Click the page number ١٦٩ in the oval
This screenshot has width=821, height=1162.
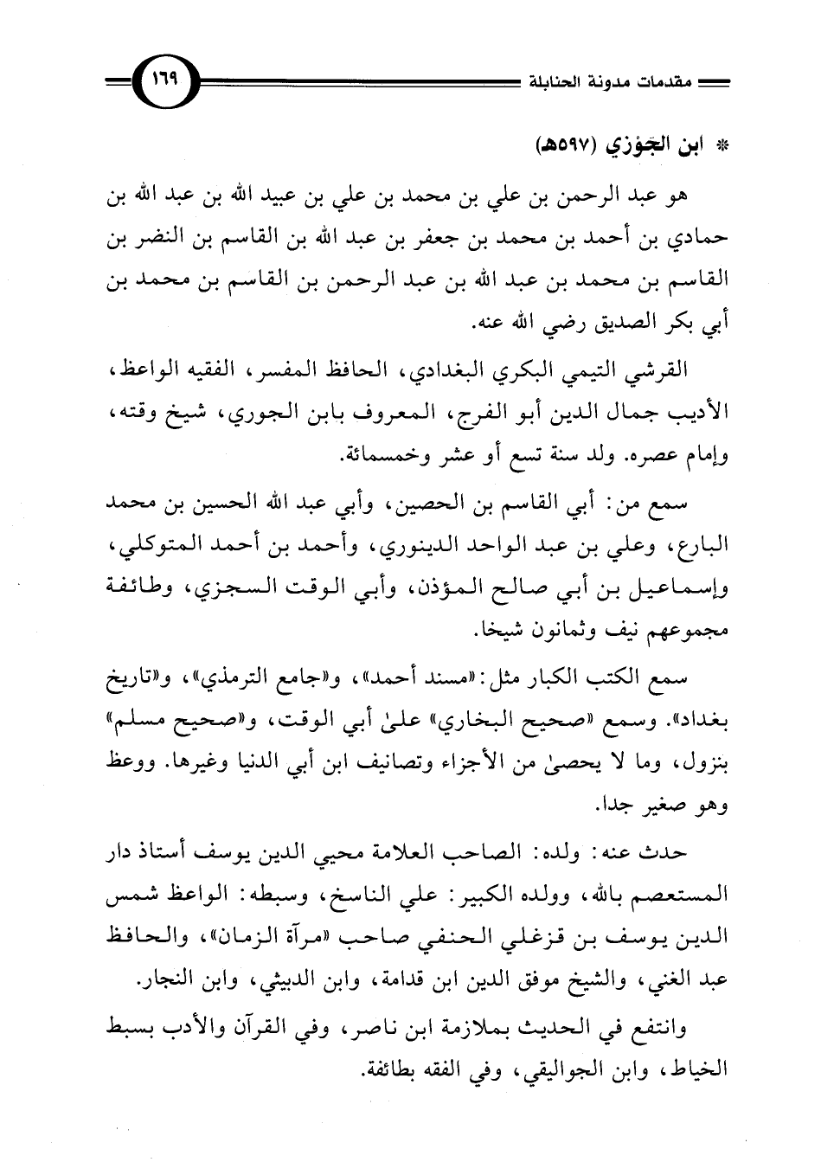(163, 83)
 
